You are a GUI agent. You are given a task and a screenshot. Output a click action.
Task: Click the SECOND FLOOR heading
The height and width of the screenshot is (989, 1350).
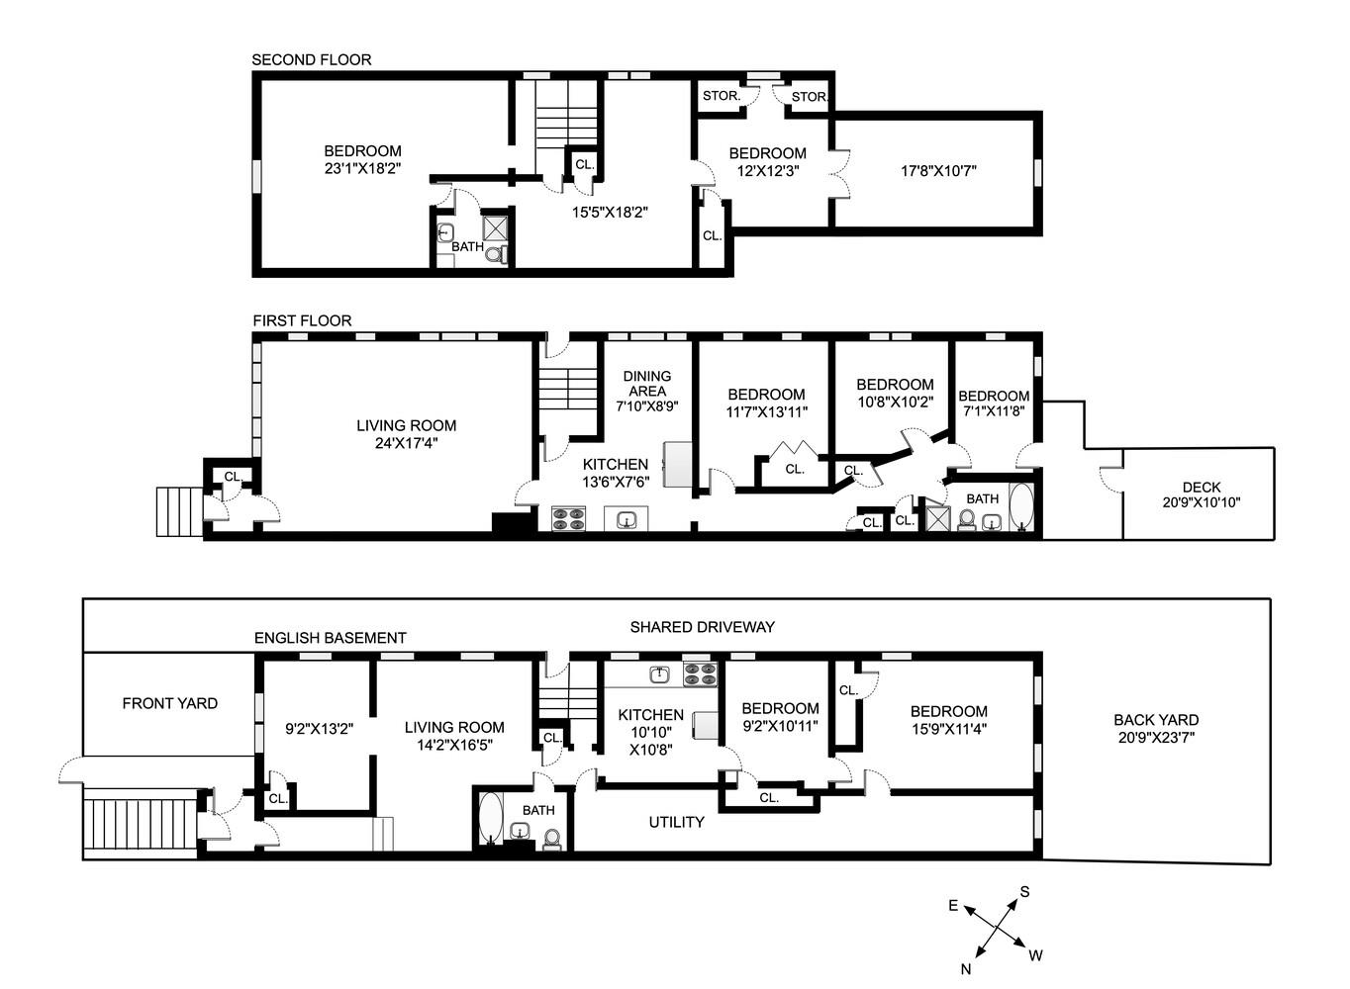click(x=311, y=59)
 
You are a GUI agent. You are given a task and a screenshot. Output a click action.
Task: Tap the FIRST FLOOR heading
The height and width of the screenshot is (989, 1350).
click(x=302, y=320)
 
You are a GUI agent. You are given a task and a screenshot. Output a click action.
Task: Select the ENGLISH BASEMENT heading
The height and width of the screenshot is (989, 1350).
click(x=330, y=638)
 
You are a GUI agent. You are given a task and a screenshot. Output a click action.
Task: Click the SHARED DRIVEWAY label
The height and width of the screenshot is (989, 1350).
click(x=702, y=627)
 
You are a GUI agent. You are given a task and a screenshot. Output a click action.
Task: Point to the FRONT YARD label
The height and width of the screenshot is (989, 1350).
click(x=169, y=703)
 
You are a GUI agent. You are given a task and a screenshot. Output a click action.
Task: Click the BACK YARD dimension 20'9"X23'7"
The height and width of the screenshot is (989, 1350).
click(x=1155, y=737)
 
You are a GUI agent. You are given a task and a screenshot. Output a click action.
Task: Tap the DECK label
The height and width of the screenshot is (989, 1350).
click(x=1201, y=487)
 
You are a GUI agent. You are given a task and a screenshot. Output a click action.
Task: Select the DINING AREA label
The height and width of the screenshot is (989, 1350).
click(x=646, y=383)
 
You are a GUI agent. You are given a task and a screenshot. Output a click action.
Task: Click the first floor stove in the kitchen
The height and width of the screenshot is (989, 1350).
click(x=568, y=519)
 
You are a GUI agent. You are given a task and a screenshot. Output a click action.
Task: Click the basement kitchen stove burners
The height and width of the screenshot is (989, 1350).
click(x=701, y=674)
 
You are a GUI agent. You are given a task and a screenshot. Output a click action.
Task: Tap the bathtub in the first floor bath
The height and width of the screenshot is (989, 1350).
click(x=1020, y=508)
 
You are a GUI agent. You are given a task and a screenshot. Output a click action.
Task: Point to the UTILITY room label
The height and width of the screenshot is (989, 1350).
click(x=676, y=822)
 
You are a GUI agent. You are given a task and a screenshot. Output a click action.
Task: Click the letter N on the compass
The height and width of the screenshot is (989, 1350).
click(x=965, y=969)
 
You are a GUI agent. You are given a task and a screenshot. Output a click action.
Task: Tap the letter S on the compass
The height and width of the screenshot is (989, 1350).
click(x=1024, y=892)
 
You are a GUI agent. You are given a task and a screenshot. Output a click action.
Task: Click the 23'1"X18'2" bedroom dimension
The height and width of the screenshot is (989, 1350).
click(x=362, y=169)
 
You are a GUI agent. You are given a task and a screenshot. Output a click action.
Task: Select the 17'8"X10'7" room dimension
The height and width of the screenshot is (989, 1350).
click(x=938, y=170)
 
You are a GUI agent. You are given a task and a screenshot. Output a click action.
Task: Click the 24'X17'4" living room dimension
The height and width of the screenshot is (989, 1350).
click(x=406, y=443)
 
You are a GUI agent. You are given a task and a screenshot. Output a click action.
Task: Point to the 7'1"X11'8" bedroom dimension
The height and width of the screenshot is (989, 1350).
click(x=993, y=411)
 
